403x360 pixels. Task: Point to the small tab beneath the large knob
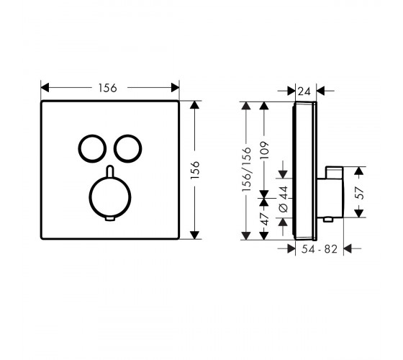tap(110, 219)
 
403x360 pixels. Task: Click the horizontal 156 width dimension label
tap(108, 88)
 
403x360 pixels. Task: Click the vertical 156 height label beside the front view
tap(195, 170)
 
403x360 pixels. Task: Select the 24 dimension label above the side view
tap(304, 91)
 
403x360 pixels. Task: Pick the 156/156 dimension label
tap(246, 169)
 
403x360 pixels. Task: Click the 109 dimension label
tap(264, 150)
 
